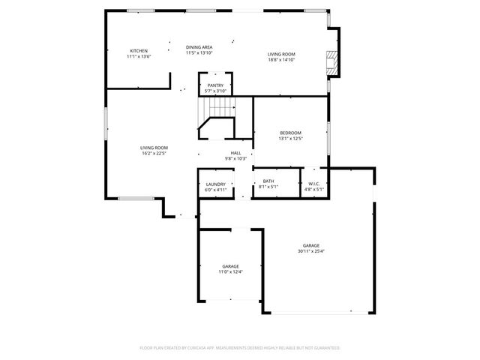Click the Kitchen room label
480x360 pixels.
click(x=139, y=50)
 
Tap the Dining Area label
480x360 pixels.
click(x=199, y=46)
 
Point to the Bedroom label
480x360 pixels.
click(x=290, y=133)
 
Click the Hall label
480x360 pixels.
click(x=235, y=153)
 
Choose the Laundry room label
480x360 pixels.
click(x=215, y=184)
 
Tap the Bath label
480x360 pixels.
click(x=268, y=181)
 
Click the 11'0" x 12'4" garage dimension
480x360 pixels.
click(x=230, y=272)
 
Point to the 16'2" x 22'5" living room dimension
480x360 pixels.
click(x=154, y=154)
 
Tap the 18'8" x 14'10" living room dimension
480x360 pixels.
click(x=282, y=60)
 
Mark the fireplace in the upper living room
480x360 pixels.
click(x=333, y=63)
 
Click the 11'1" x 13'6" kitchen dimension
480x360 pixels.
click(x=139, y=56)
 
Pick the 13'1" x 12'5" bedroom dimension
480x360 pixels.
click(x=290, y=139)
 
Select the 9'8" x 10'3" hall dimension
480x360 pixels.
click(x=235, y=159)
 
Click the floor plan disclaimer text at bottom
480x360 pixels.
click(x=240, y=348)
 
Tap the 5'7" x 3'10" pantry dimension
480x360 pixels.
click(x=215, y=91)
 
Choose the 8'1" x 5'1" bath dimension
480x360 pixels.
click(x=268, y=187)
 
